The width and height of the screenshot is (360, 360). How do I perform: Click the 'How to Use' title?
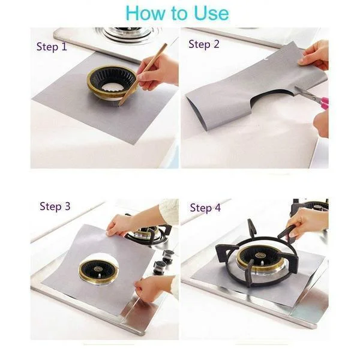coord(177,13)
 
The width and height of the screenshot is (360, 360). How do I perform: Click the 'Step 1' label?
coord(52,47)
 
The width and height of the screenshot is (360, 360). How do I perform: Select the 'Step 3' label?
coord(55,206)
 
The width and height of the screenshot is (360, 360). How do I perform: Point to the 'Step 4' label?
coord(205,208)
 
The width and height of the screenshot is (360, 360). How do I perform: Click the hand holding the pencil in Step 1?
coord(159,70)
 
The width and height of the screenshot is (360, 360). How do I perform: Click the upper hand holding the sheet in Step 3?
coord(123,224)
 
